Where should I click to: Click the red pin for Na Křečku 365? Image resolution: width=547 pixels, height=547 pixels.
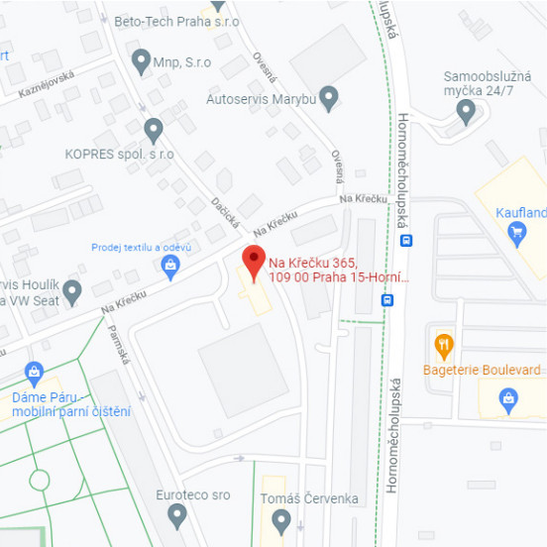[x=254, y=262]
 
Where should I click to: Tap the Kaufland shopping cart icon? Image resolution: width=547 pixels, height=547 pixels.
[x=515, y=233]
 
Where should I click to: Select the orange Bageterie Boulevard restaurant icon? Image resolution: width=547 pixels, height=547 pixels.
[x=444, y=347]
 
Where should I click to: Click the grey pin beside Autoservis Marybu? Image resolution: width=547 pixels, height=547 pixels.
[x=329, y=96]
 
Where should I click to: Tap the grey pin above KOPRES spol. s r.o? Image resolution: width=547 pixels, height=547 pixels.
[x=153, y=129]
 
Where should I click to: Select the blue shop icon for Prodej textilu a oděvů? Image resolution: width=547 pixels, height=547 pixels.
[x=170, y=265]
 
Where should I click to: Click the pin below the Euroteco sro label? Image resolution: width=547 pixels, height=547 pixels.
[x=177, y=514]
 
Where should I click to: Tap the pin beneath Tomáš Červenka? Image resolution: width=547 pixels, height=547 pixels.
[x=281, y=518]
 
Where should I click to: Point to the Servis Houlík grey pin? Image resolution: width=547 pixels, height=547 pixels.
[x=71, y=291]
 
